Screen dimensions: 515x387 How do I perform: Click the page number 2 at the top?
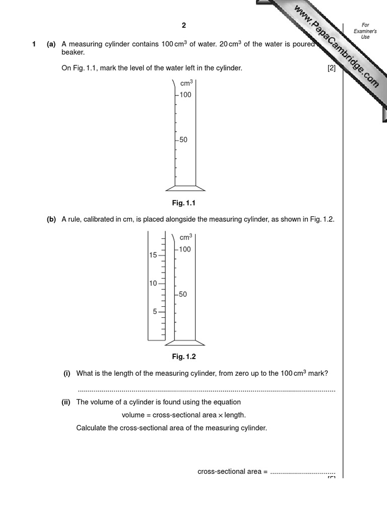(184, 26)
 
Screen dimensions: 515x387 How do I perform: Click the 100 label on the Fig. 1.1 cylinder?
(185, 95)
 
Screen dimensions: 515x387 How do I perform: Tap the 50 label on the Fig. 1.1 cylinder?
(183, 140)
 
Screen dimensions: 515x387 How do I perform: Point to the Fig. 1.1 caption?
(183, 203)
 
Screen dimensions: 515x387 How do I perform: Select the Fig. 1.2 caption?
(183, 357)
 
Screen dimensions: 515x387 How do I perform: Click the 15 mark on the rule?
(153, 255)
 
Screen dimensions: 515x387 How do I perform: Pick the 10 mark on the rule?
(153, 283)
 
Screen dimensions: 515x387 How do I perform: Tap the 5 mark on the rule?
(155, 311)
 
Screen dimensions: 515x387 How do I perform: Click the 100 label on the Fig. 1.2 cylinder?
(185, 249)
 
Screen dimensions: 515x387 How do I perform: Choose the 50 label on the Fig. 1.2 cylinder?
(183, 294)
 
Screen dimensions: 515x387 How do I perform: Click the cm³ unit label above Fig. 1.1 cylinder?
(186, 83)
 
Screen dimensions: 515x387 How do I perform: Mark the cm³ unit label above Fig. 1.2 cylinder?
(186, 237)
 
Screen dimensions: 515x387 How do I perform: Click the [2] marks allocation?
(331, 68)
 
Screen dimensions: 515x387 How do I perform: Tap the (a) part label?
(51, 44)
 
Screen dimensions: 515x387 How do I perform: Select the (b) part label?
(51, 219)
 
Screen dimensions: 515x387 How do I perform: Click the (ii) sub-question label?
(66, 402)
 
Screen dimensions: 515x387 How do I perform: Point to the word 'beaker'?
(73, 52)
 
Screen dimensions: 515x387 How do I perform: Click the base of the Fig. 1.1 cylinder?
(185, 188)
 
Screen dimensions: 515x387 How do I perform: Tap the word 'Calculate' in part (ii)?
(91, 428)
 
